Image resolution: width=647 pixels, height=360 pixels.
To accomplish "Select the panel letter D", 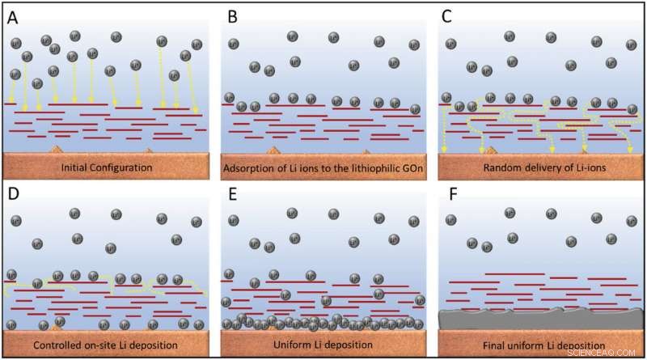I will coord(14,198).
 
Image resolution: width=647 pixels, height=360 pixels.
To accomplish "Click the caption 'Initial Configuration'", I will coord(108,167).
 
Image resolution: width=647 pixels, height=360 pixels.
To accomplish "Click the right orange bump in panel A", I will coord(146,151).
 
